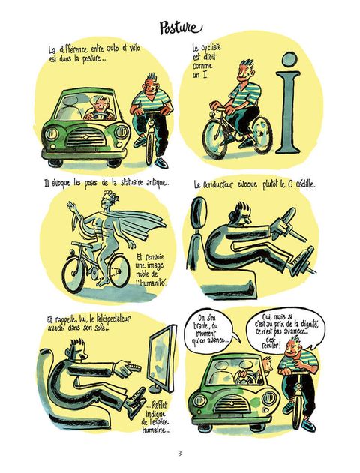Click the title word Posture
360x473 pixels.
[181, 28]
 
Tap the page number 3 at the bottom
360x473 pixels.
[180, 453]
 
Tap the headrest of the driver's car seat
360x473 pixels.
[199, 212]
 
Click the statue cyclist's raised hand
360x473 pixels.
[71, 207]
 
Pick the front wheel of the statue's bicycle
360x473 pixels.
[73, 274]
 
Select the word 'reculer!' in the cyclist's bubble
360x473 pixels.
[271, 345]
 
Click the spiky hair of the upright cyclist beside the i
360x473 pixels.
[247, 64]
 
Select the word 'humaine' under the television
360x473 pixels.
[155, 430]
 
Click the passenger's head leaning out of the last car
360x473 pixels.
[267, 364]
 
